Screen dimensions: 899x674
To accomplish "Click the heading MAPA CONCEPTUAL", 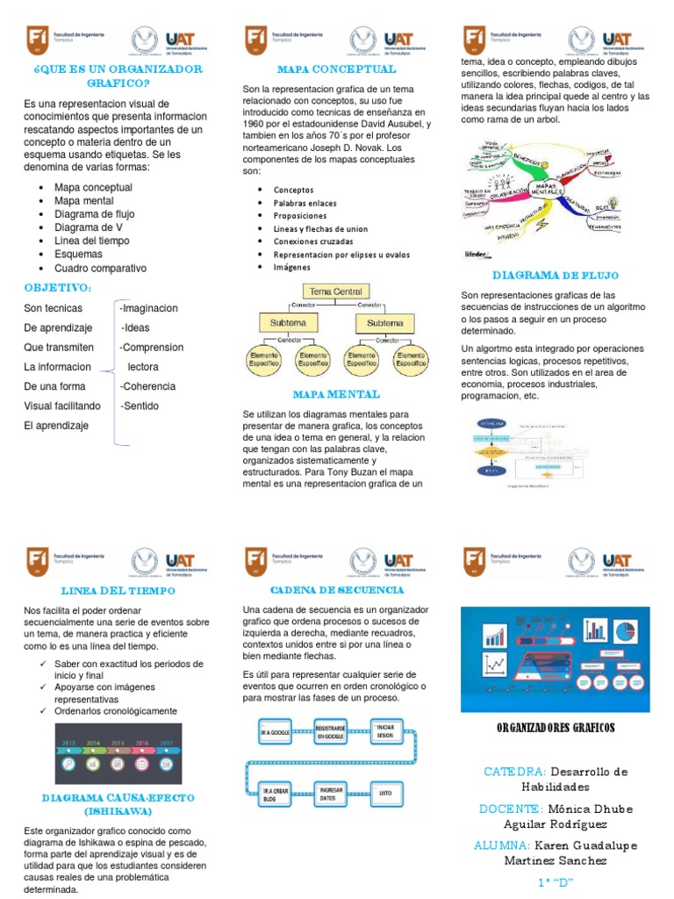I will [x=336, y=68].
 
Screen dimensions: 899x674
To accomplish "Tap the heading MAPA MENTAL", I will [x=336, y=394].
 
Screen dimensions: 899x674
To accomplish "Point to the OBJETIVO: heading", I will [x=58, y=288].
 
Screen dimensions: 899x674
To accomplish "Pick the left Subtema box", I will [x=288, y=322].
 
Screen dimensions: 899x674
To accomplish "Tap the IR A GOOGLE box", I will [x=275, y=732].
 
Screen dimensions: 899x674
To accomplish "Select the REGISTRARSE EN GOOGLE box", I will [x=331, y=732].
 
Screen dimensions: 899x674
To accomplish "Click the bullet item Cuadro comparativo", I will [x=100, y=269].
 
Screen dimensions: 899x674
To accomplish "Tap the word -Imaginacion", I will [x=148, y=308].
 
